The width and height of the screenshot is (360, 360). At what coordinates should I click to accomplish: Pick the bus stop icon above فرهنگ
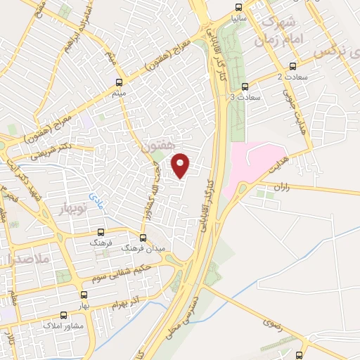point(101,231)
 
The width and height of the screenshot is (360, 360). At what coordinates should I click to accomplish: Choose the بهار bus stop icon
point(84,295)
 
